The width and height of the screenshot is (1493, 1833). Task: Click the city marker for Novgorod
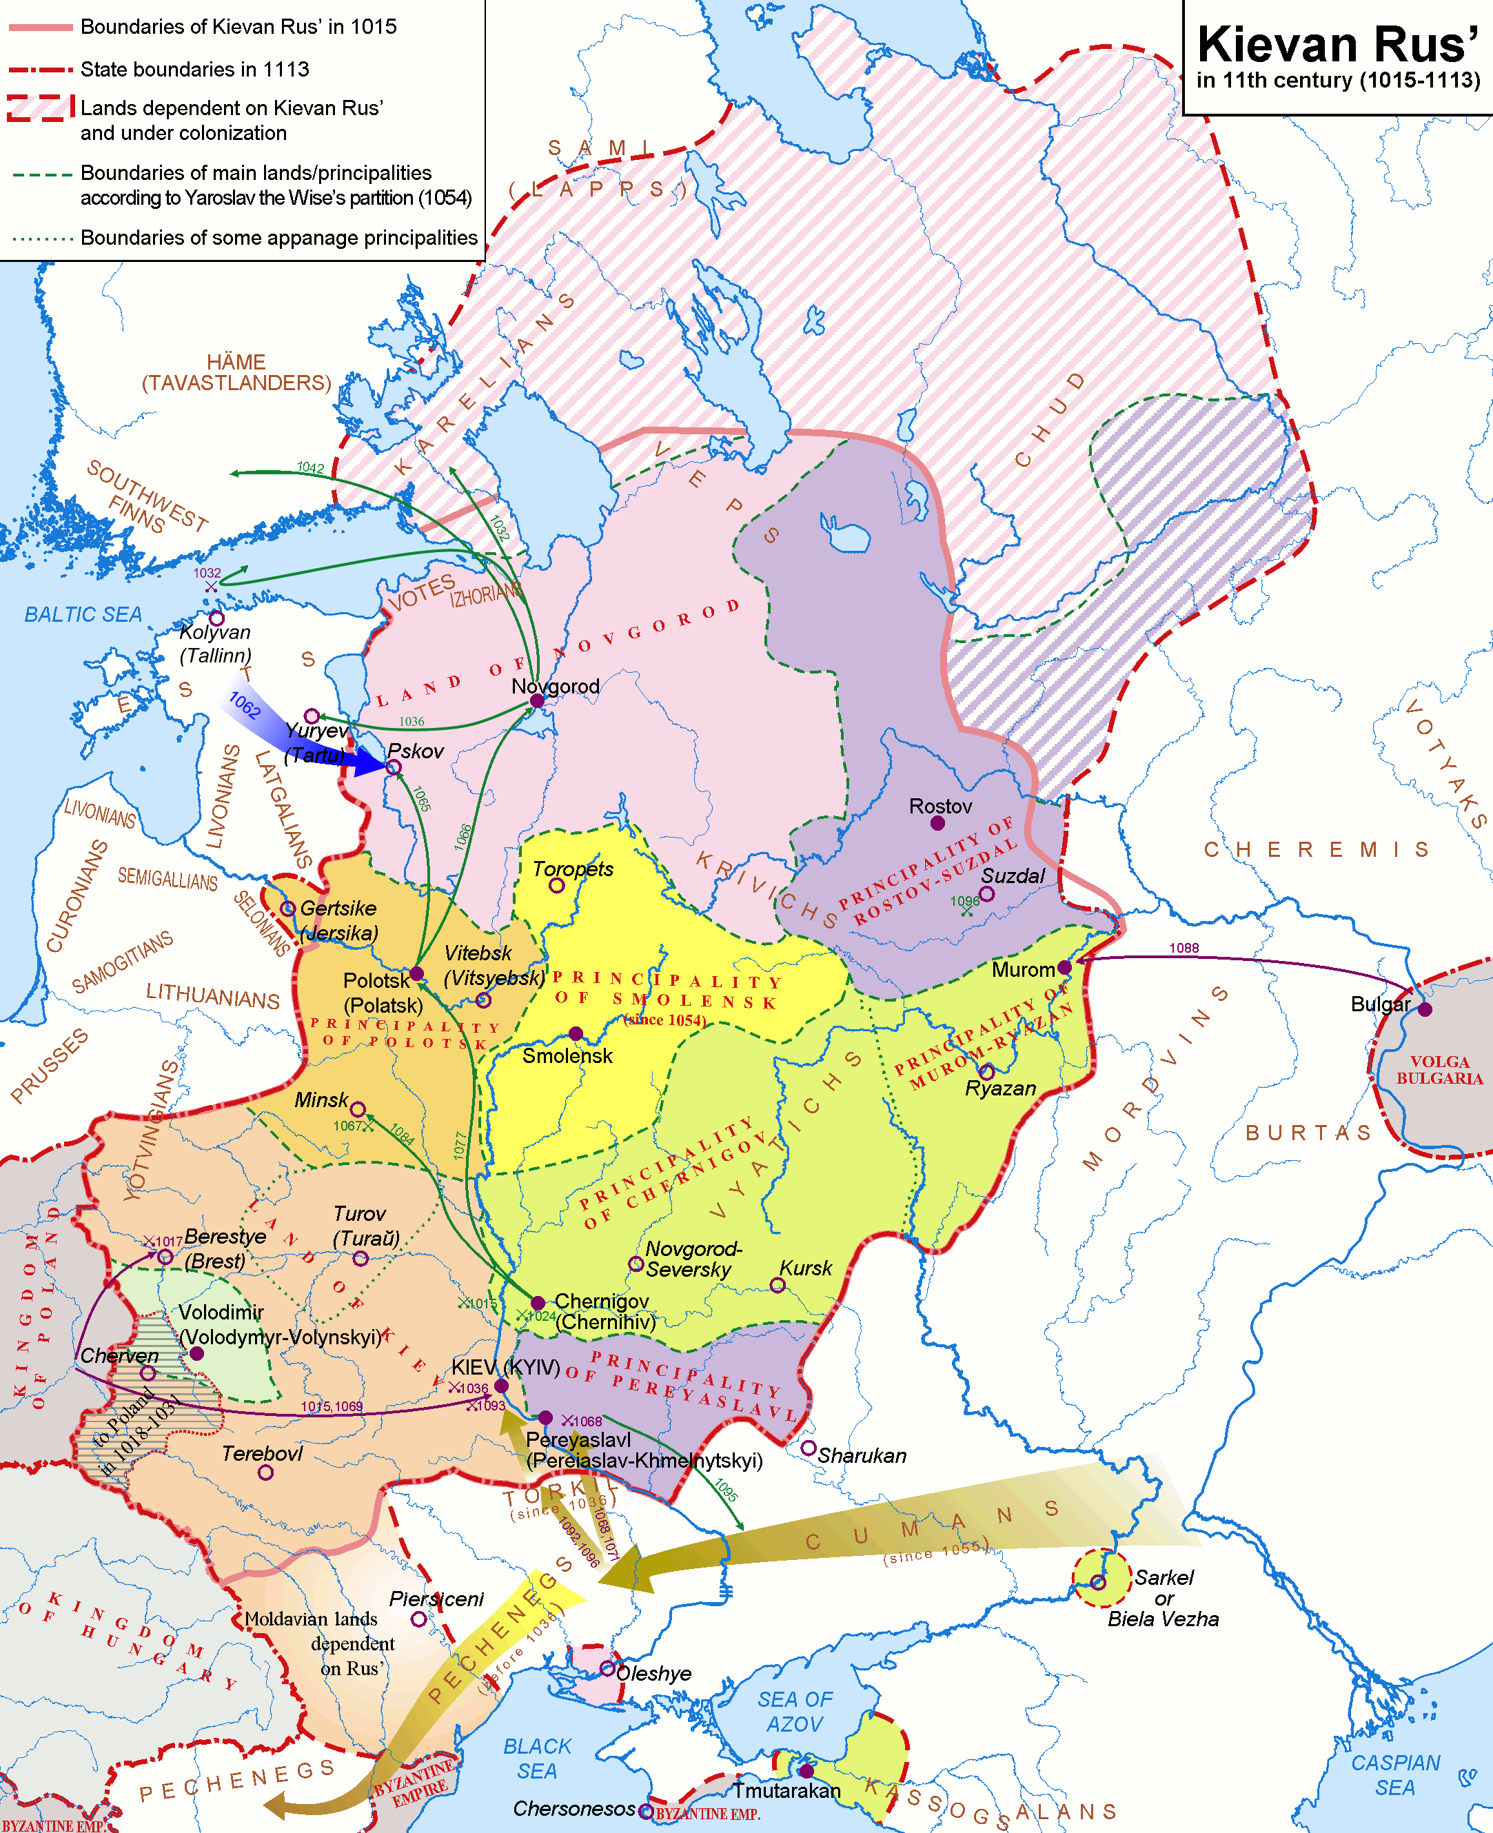[x=537, y=701]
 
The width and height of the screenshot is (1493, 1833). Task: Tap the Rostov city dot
[x=937, y=823]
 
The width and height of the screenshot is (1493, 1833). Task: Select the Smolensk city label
[x=567, y=1056]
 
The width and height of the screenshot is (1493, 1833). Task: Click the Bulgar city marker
[x=1425, y=1009]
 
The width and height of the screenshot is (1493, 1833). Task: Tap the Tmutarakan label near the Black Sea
[x=786, y=1790]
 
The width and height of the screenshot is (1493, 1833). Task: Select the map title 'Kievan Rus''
[x=1337, y=45]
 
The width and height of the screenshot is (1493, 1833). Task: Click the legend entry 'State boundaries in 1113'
[x=194, y=69]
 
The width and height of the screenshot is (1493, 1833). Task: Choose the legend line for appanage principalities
[x=41, y=239]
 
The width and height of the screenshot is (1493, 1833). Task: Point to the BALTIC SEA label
[x=83, y=614]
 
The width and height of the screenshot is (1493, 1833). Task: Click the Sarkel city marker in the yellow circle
[x=1097, y=1582]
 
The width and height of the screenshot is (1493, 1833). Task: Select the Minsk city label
[x=321, y=1100]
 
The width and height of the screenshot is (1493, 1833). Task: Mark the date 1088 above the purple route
[x=1184, y=948]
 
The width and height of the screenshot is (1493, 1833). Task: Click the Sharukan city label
[x=861, y=1455]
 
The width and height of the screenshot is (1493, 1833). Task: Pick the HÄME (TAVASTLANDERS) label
[x=236, y=372]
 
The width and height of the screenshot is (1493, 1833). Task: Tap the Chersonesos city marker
[x=646, y=1811]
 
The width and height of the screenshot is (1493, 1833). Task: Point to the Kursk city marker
[x=777, y=1285]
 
